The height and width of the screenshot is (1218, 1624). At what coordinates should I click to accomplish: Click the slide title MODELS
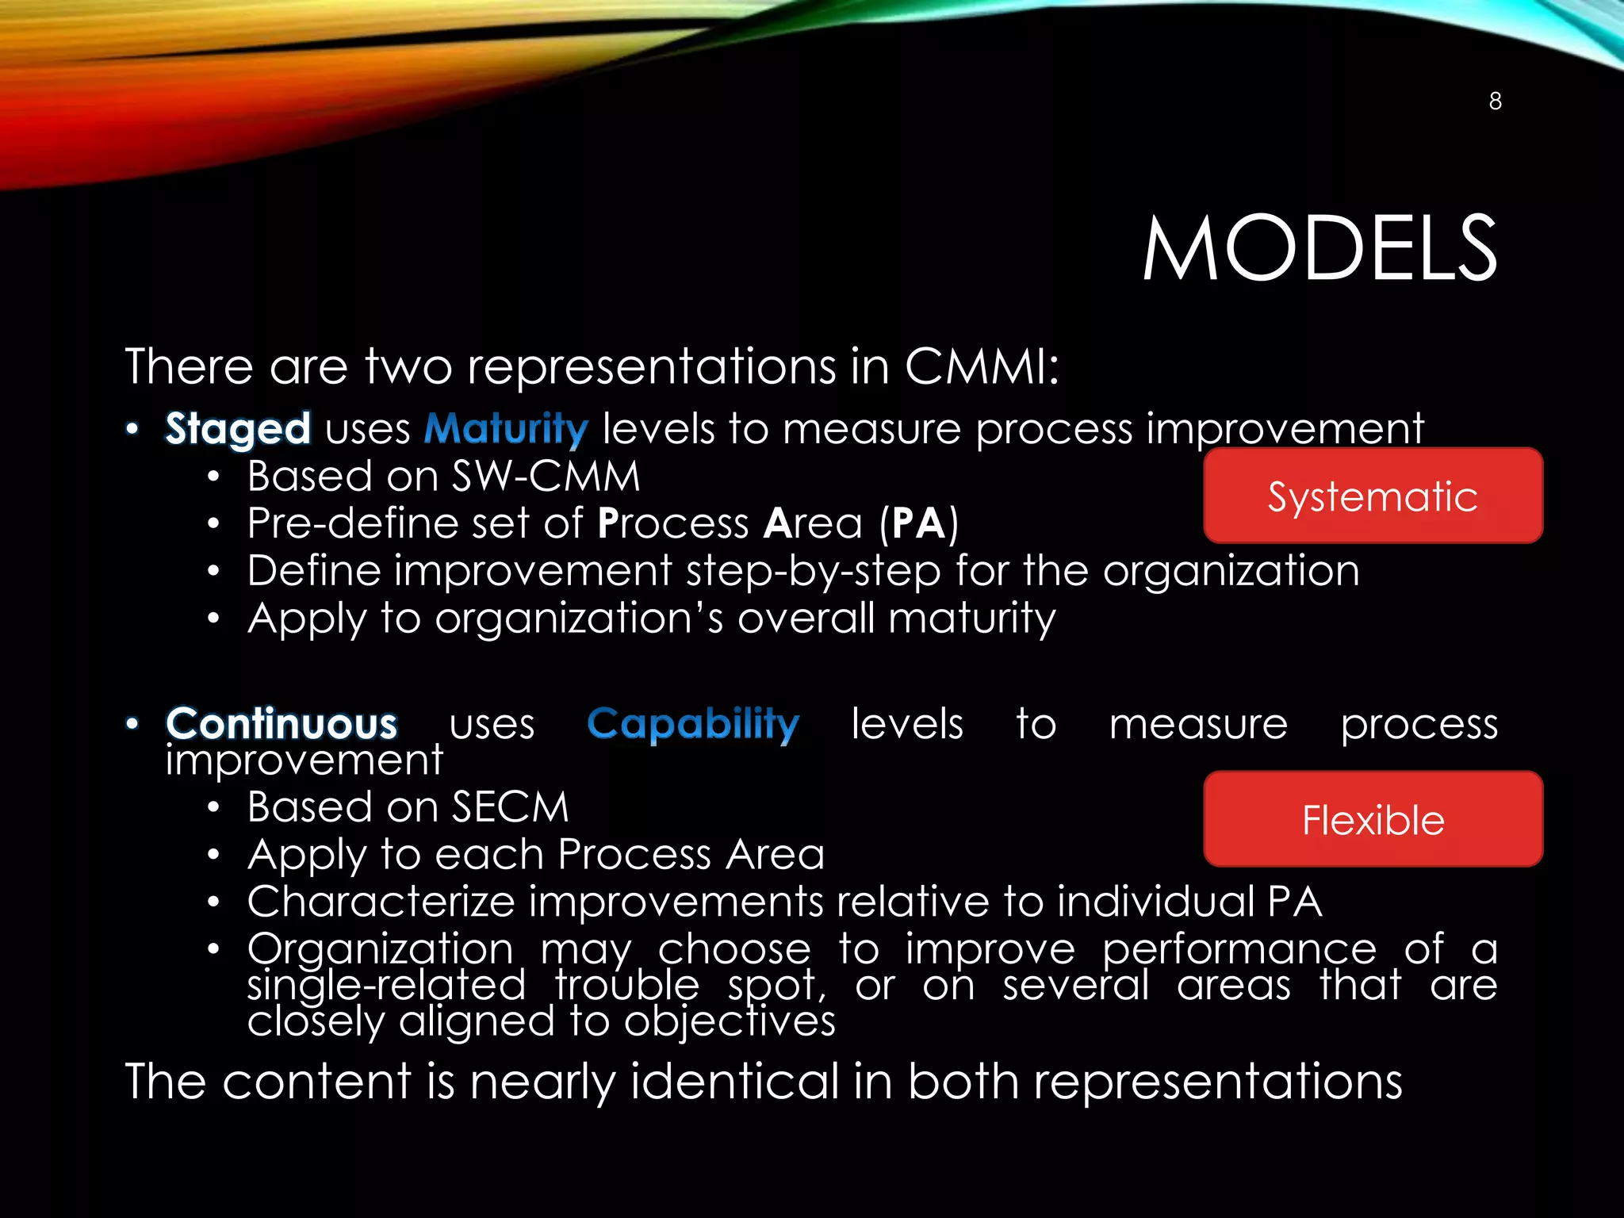pyautogui.click(x=1319, y=249)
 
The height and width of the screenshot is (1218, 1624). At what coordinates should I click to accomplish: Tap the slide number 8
pyautogui.click(x=1495, y=101)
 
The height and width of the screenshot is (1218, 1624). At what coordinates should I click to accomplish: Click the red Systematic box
pyautogui.click(x=1373, y=496)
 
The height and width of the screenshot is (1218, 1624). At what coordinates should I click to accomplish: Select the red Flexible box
pyautogui.click(x=1373, y=819)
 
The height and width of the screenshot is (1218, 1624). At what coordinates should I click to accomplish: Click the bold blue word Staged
pyautogui.click(x=238, y=429)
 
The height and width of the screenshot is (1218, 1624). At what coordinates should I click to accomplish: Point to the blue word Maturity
pyautogui.click(x=506, y=429)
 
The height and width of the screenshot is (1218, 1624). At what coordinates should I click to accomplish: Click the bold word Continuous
pyautogui.click(x=282, y=724)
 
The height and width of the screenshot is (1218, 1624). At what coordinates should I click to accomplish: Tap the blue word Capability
pyautogui.click(x=693, y=724)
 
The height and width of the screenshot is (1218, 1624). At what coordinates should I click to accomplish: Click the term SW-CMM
pyautogui.click(x=546, y=477)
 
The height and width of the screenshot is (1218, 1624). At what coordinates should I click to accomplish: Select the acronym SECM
pyautogui.click(x=511, y=807)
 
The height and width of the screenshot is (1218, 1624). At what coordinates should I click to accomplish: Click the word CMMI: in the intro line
pyautogui.click(x=982, y=366)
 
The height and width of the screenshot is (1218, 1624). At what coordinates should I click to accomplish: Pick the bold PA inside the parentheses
pyautogui.click(x=918, y=523)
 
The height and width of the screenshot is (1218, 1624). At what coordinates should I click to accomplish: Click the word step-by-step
pyautogui.click(x=813, y=571)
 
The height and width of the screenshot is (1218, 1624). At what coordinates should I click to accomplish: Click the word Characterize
pyautogui.click(x=381, y=902)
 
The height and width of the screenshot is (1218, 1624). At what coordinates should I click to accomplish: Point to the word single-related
pyautogui.click(x=386, y=986)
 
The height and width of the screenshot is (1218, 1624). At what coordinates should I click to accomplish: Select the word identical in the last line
pyautogui.click(x=734, y=1081)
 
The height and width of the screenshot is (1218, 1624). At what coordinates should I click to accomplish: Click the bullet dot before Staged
pyautogui.click(x=132, y=429)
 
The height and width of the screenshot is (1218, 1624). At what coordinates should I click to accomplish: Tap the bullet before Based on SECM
pyautogui.click(x=213, y=808)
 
